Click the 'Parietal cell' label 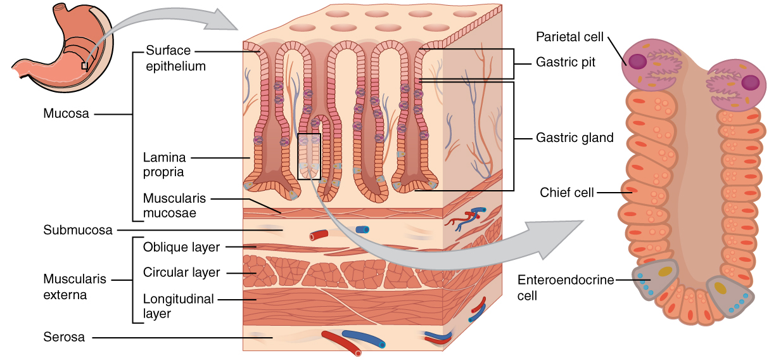[x=570, y=36]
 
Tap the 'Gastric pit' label [x=566, y=63]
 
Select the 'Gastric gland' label [x=575, y=138]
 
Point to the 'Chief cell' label [x=567, y=192]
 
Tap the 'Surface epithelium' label [x=175, y=58]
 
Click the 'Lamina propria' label [x=163, y=164]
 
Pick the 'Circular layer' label [x=182, y=273]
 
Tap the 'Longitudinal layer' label [x=178, y=305]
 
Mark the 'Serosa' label [x=64, y=337]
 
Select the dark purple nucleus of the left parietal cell [x=638, y=61]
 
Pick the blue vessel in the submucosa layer [x=362, y=229]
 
